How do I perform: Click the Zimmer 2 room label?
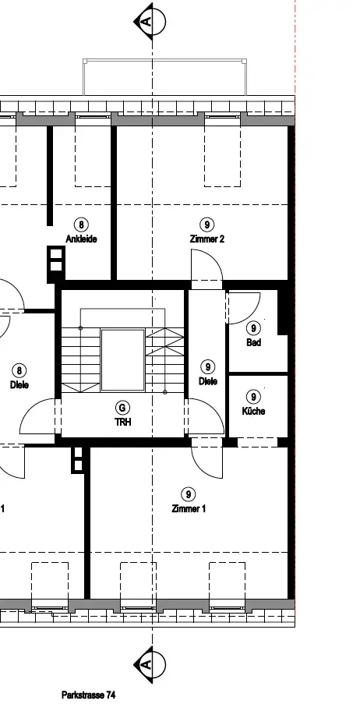pyautogui.click(x=206, y=239)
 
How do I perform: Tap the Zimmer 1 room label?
pyautogui.click(x=188, y=509)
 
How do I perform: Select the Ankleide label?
pyautogui.click(x=81, y=239)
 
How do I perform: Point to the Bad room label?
pyautogui.click(x=253, y=342)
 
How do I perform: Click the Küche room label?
pyautogui.click(x=253, y=412)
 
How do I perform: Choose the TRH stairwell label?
pyautogui.click(x=122, y=423)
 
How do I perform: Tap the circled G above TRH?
pyautogui.click(x=122, y=408)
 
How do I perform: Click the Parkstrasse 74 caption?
pyautogui.click(x=88, y=695)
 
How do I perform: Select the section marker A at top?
pyautogui.click(x=150, y=21)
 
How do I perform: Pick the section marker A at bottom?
pyautogui.click(x=150, y=665)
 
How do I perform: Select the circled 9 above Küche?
pyautogui.click(x=253, y=397)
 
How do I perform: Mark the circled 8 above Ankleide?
pyautogui.click(x=81, y=225)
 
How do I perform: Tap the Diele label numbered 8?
pyautogui.click(x=19, y=385)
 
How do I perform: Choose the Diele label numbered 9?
pyautogui.click(x=207, y=381)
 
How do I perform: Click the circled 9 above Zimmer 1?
pyautogui.click(x=188, y=494)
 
